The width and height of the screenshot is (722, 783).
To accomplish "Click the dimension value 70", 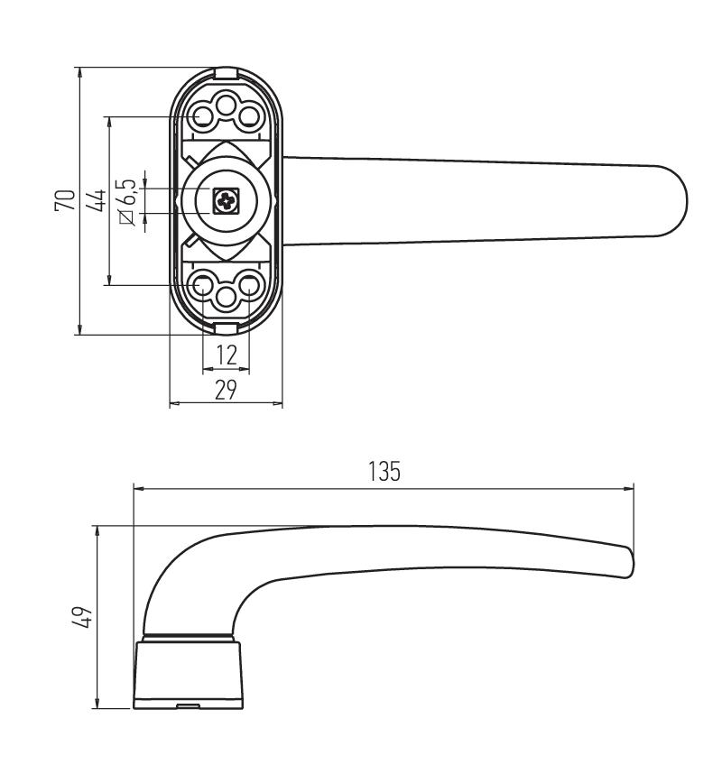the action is [x=66, y=200].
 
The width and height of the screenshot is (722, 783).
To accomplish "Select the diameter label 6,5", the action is [x=127, y=202].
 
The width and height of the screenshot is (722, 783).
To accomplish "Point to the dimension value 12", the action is [x=227, y=355].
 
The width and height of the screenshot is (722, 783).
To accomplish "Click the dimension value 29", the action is [x=226, y=390].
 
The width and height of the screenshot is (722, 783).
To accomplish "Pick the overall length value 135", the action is [x=384, y=471].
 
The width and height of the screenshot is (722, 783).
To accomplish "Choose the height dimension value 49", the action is [x=81, y=617].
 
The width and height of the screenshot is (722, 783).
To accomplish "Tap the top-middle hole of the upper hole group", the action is [x=227, y=105].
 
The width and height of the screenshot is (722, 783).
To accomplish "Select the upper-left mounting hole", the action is [x=204, y=117].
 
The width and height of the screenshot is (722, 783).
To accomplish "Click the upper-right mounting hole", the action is [x=249, y=117].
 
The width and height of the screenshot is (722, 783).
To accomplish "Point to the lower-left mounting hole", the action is [x=204, y=285].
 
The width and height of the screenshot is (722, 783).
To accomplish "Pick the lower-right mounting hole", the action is [x=249, y=285].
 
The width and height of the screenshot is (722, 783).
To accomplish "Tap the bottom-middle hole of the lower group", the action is [x=227, y=298].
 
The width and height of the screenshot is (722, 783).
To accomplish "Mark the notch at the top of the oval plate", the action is [x=226, y=73].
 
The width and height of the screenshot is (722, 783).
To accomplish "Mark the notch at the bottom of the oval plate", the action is [x=226, y=328].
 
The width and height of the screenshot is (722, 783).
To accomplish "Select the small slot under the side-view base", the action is [x=189, y=705].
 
